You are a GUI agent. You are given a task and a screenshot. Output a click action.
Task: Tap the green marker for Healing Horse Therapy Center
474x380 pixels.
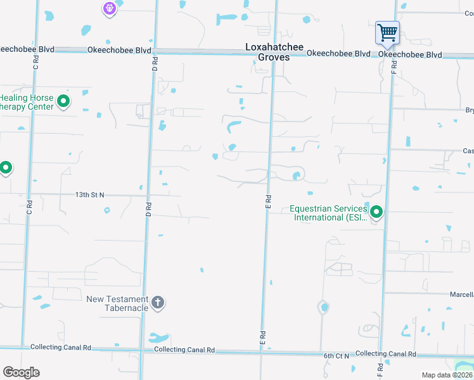(x=63, y=101)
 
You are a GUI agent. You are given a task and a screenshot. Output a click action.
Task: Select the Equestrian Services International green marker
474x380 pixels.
(x=376, y=212)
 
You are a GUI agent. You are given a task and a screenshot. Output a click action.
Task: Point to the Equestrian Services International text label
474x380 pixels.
(x=328, y=213)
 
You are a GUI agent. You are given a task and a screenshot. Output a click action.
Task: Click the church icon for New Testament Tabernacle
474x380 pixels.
(x=158, y=303)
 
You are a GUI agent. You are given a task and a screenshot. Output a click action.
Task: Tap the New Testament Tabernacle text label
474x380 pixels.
(x=118, y=303)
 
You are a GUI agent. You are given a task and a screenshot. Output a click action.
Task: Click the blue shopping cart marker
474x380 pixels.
(x=387, y=32)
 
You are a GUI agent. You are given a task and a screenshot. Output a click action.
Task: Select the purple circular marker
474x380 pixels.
(x=110, y=8)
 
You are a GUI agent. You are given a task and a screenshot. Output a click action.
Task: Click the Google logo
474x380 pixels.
(x=21, y=372)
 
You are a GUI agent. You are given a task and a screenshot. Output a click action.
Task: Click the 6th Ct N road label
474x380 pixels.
(x=336, y=356)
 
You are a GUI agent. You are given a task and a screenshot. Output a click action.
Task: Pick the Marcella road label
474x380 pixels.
(x=462, y=294)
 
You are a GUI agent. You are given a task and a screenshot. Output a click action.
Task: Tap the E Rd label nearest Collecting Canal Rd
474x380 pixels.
(x=261, y=337)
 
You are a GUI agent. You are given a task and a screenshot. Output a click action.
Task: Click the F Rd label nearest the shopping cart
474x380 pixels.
(x=394, y=65)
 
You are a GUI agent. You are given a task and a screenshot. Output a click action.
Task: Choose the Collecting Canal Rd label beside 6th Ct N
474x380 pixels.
(x=385, y=353)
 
